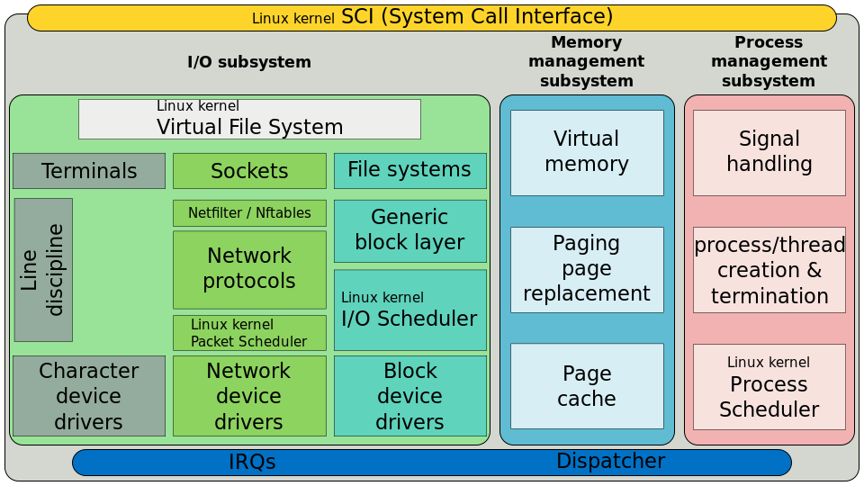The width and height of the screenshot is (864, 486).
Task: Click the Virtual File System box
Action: [x=249, y=119]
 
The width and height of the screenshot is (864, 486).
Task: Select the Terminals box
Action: [x=89, y=171]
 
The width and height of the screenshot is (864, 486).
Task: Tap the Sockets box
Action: [x=249, y=171]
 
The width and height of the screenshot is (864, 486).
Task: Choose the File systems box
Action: [x=409, y=170]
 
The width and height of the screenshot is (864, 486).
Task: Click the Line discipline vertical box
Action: [x=43, y=270]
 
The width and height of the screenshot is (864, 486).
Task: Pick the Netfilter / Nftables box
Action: [x=249, y=213]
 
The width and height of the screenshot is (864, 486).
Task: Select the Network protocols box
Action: [x=249, y=269]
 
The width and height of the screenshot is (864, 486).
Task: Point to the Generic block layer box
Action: [x=409, y=230]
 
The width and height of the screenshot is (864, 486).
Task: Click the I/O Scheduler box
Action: [x=409, y=310]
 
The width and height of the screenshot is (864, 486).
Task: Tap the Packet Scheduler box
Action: [x=249, y=333]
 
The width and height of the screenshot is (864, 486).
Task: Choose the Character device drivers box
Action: [x=89, y=396]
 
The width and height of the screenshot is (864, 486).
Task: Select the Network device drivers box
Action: [x=249, y=396]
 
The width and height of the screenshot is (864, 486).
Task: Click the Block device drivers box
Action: [x=409, y=396]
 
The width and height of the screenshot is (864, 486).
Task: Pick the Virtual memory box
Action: [x=587, y=152]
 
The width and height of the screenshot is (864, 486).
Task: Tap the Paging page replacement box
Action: [x=587, y=269]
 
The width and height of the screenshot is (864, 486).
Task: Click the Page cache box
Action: [x=587, y=386]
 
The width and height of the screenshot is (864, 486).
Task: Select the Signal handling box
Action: [x=769, y=152]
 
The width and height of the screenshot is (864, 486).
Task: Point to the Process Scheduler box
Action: [x=769, y=386]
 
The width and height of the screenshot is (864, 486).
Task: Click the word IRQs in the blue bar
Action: [x=252, y=463]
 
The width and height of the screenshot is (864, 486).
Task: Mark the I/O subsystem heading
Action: [x=249, y=62]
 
